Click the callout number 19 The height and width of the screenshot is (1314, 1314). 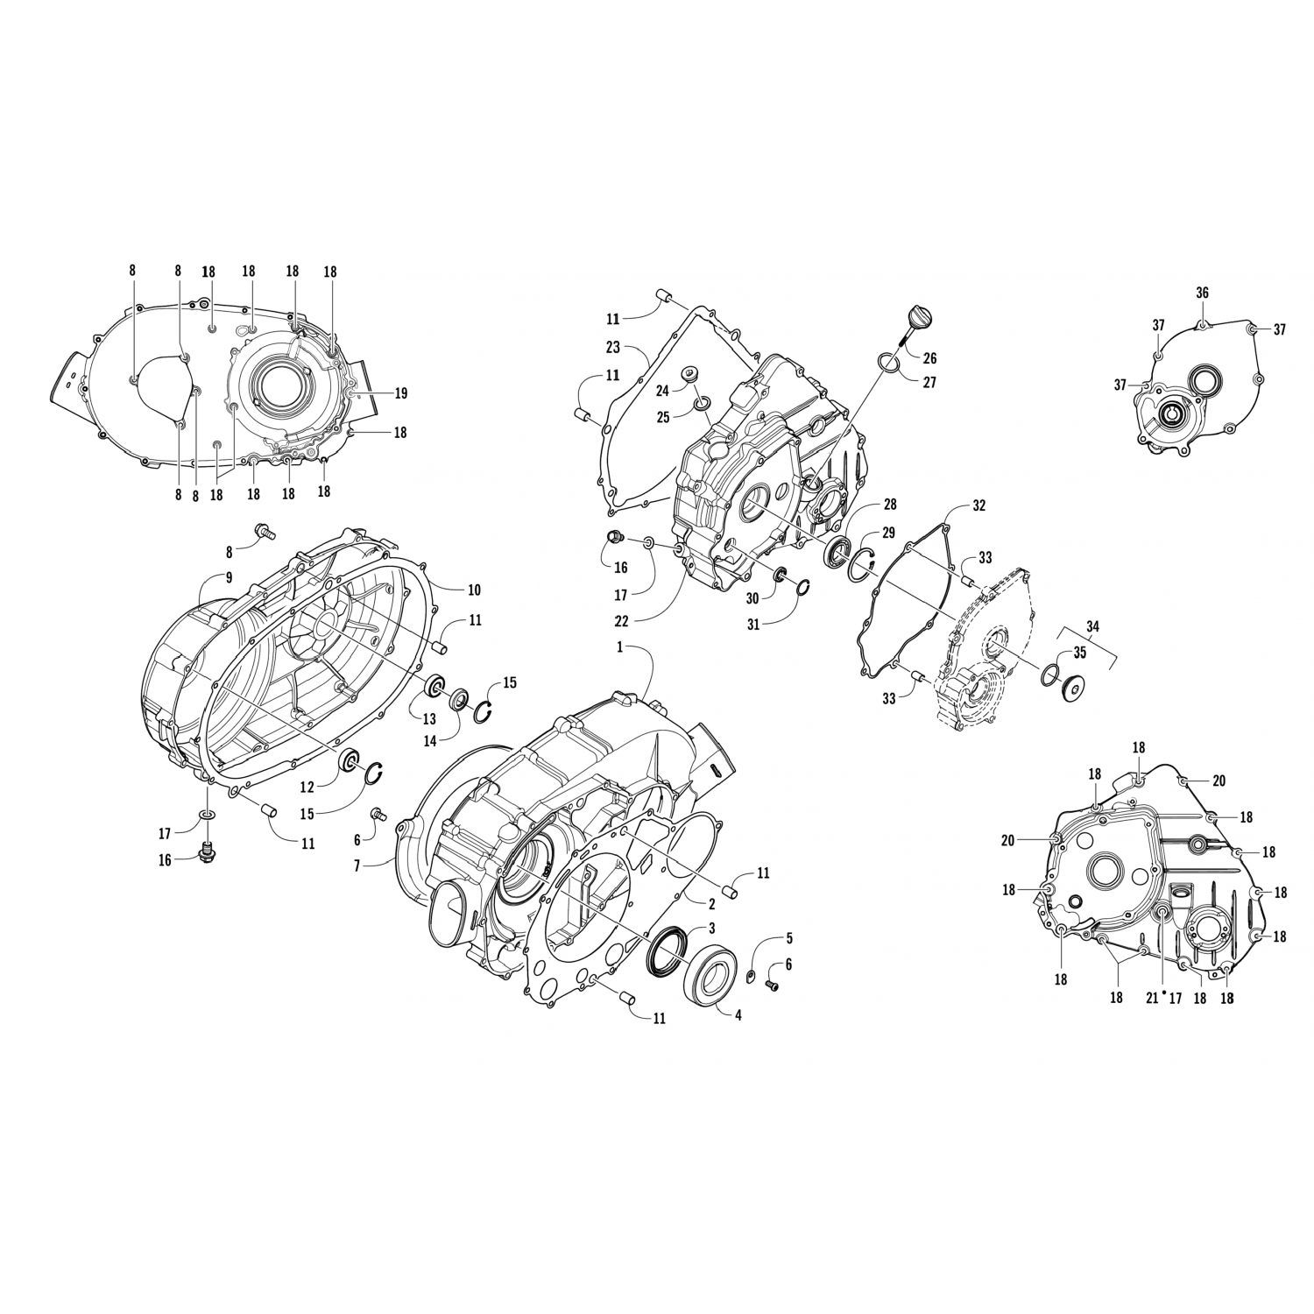coord(400,394)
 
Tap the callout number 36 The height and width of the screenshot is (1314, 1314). coord(1203,293)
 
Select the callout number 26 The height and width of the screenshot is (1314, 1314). coord(930,357)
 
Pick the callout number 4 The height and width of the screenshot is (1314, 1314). coord(738,1016)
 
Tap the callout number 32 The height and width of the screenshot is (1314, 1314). coord(979,506)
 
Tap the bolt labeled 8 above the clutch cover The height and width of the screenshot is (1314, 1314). coord(264,530)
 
